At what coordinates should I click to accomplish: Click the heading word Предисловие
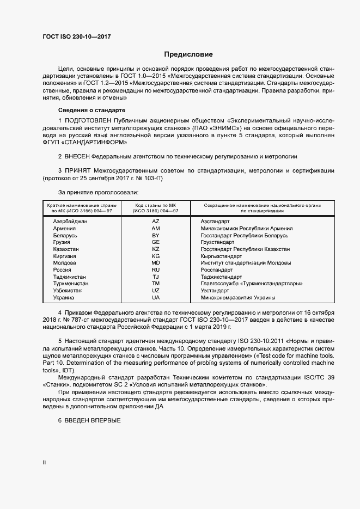(x=188, y=54)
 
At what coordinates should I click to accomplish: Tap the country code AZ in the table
(x=156, y=222)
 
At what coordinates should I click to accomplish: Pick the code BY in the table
(x=156, y=235)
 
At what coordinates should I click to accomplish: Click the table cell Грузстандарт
(x=217, y=242)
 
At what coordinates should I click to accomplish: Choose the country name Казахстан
(x=66, y=249)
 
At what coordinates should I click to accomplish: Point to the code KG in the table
(x=156, y=256)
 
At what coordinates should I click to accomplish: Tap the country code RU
(x=156, y=269)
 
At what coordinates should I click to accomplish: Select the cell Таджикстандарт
(x=221, y=277)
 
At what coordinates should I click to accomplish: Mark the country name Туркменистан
(x=71, y=284)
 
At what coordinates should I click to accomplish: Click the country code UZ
(x=156, y=291)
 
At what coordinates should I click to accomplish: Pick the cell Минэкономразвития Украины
(x=237, y=297)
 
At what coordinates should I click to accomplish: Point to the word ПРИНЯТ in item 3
(x=78, y=171)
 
